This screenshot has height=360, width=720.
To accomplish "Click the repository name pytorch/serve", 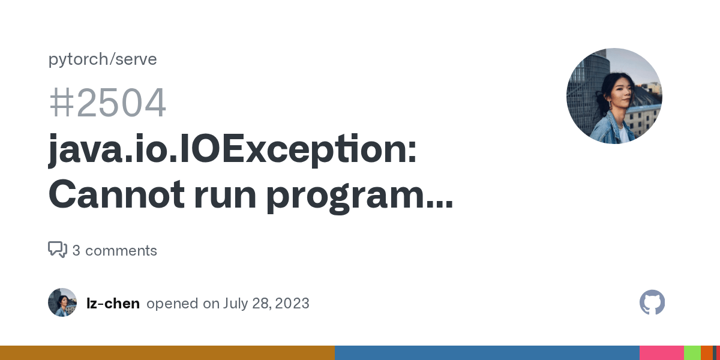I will click(x=103, y=59).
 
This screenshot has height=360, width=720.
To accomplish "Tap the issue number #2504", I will click(x=107, y=103).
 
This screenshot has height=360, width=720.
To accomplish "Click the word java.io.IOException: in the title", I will click(x=232, y=150).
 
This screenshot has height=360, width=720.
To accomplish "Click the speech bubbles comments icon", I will click(x=57, y=250).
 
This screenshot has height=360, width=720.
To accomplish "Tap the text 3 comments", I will click(x=115, y=251).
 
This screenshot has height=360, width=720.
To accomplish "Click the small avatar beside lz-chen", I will click(x=62, y=302).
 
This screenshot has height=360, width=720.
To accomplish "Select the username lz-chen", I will click(x=113, y=304).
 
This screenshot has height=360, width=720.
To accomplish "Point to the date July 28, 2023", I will click(x=266, y=304).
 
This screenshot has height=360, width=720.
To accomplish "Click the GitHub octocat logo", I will click(x=652, y=302).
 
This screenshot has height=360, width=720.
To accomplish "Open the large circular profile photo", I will click(x=614, y=96).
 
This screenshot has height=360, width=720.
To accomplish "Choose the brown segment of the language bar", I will click(x=167, y=353).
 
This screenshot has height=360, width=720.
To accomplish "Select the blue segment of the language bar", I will click(x=487, y=353).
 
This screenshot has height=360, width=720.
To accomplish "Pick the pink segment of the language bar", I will click(x=661, y=353).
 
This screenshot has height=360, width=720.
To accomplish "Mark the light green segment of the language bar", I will click(x=692, y=353).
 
